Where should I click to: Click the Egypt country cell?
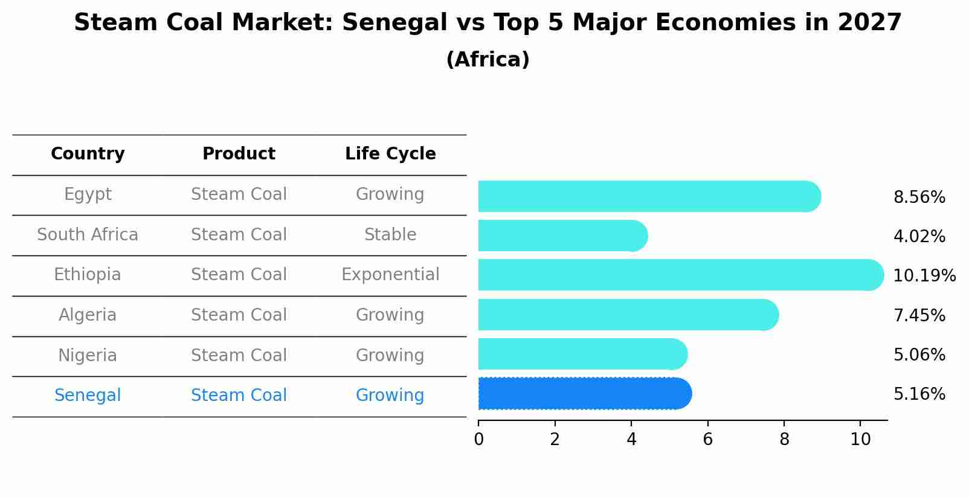(88, 194)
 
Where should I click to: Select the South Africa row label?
(88, 235)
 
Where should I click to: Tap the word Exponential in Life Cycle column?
(390, 275)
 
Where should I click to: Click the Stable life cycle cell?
(390, 235)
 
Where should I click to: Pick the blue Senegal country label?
(88, 396)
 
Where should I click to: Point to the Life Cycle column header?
(390, 154)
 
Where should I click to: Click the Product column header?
(239, 154)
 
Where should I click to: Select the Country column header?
(88, 154)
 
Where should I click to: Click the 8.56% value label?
(919, 197)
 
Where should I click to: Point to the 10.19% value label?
(924, 276)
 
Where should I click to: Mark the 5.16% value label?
(919, 394)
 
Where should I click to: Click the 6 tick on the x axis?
(707, 440)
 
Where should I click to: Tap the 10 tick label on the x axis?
(860, 440)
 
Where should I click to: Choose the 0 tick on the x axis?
(478, 440)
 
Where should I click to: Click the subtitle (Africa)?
(488, 60)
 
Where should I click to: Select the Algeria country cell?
(88, 315)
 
